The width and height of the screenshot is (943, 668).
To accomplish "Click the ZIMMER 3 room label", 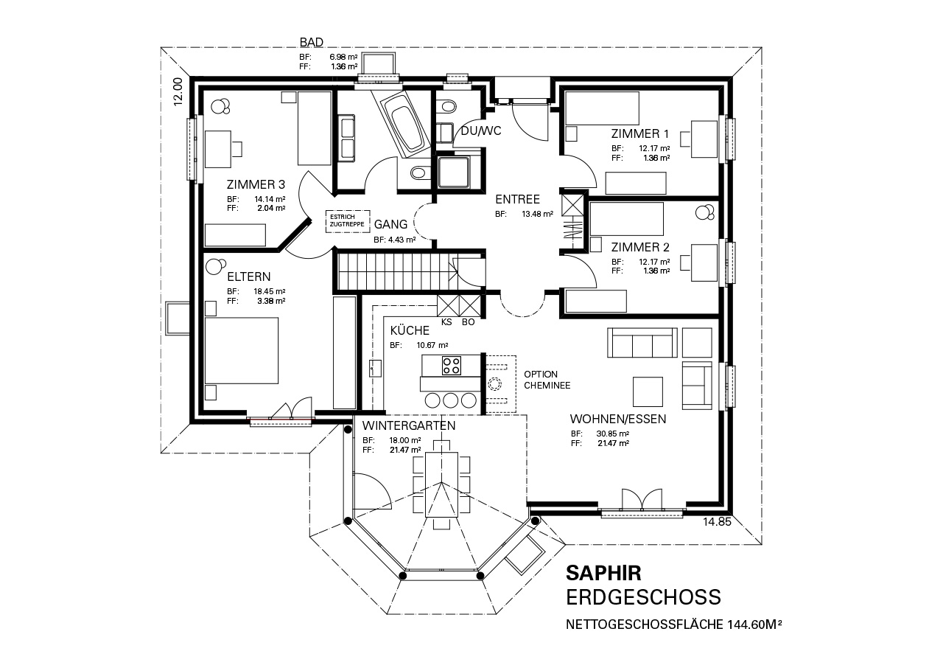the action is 256,184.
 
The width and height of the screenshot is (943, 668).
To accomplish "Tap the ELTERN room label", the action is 249,276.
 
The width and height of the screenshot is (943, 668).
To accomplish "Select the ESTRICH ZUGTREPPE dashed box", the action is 348,221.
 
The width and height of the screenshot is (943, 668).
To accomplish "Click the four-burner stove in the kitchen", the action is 452,366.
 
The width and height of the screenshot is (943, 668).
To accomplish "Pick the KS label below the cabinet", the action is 446,322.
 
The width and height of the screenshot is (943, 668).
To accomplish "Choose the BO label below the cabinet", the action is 468,322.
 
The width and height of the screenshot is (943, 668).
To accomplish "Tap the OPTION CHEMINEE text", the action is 547,380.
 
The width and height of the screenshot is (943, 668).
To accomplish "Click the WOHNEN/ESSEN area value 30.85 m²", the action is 612,434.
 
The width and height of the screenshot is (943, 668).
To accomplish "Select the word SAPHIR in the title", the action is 603,573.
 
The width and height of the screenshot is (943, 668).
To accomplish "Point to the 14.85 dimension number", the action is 717,522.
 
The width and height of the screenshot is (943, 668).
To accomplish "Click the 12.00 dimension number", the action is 178,91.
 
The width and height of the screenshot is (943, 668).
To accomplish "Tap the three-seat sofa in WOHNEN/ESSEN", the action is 642,343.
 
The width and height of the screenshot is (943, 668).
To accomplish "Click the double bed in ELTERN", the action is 242,350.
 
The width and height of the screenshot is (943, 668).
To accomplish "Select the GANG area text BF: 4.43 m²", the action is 394,240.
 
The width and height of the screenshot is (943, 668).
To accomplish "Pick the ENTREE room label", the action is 517,199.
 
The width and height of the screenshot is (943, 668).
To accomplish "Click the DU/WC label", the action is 481,131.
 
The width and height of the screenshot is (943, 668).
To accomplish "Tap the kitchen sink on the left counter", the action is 375,368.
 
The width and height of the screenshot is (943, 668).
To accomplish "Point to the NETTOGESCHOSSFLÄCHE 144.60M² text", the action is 673,624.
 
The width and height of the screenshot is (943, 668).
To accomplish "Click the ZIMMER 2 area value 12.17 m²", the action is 654,262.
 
